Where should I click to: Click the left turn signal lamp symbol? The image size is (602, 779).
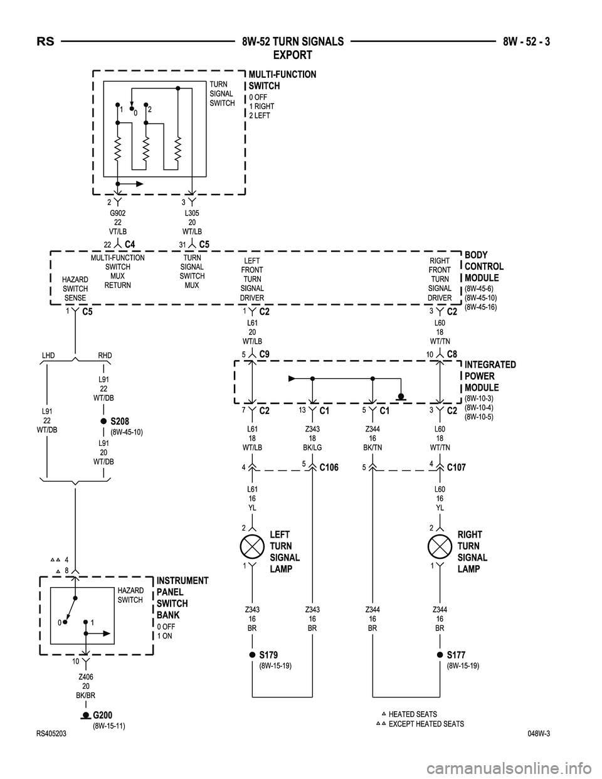pyautogui.click(x=252, y=546)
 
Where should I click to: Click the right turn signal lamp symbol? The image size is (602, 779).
pyautogui.click(x=440, y=546)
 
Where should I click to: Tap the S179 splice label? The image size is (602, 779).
pyautogui.click(x=268, y=655)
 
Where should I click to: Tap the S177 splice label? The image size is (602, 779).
pyautogui.click(x=456, y=655)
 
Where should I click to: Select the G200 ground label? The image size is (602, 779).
pyautogui.click(x=103, y=716)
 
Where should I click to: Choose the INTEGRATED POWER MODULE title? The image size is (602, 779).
pyautogui.click(x=490, y=376)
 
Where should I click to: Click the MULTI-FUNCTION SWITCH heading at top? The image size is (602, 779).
pyautogui.click(x=282, y=80)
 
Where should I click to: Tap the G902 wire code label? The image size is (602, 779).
pyautogui.click(x=118, y=214)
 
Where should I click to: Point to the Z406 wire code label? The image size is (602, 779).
pyautogui.click(x=85, y=677)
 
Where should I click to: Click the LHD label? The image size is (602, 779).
pyautogui.click(x=48, y=356)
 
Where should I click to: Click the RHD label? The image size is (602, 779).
pyautogui.click(x=105, y=356)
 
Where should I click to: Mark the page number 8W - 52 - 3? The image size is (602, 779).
pyautogui.click(x=531, y=42)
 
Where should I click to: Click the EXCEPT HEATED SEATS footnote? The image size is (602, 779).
pyautogui.click(x=426, y=724)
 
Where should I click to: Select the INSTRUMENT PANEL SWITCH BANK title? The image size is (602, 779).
pyautogui.click(x=182, y=598)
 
